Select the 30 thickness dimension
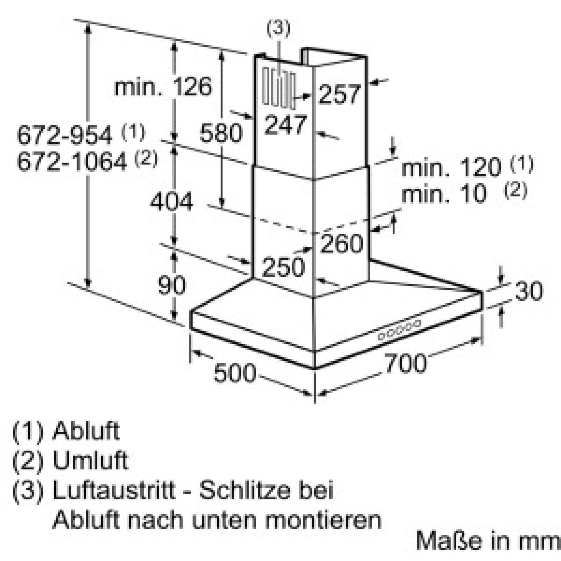pos(529,291)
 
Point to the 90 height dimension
pos(172,285)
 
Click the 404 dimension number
pos(172,201)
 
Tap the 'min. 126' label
pos(163,86)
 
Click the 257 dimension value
pos(340,94)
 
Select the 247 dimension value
pos(286,125)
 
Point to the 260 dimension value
pos(341,243)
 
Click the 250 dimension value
pos(284,266)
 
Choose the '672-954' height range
pos(65,135)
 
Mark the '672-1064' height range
pos(72,162)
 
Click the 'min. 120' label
pos(452,167)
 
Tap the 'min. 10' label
pos(444,194)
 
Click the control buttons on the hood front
pos(399,330)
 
